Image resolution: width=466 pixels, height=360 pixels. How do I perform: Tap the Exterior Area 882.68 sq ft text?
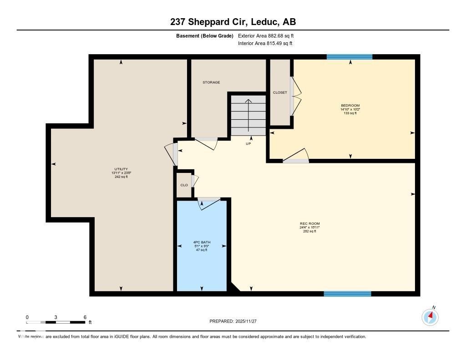(269, 35)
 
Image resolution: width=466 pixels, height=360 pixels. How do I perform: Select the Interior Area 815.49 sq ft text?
(265, 43)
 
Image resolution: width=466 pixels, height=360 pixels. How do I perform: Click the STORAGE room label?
(211, 82)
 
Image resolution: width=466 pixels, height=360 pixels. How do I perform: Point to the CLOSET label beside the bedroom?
(280, 92)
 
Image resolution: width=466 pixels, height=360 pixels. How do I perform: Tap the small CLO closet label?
(184, 185)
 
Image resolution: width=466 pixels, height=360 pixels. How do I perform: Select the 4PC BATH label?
(201, 242)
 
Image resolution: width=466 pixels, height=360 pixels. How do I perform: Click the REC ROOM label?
(309, 223)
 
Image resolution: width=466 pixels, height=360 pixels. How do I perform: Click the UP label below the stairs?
(248, 144)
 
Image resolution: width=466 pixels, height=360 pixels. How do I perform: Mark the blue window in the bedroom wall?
(349, 57)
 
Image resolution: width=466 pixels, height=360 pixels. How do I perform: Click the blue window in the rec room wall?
(347, 294)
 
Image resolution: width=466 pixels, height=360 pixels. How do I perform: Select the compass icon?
(430, 317)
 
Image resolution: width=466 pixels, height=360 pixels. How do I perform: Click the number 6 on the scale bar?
(85, 317)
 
